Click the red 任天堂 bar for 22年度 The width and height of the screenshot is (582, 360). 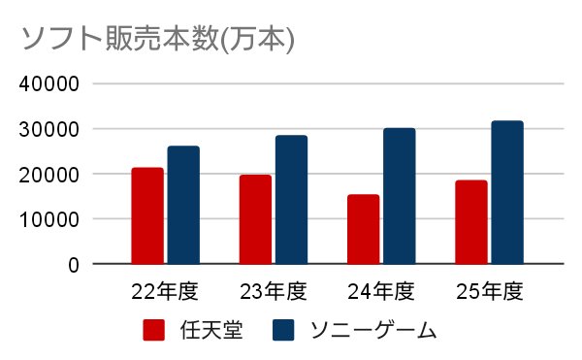point(147,215)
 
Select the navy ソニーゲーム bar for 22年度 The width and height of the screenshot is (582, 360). point(183,205)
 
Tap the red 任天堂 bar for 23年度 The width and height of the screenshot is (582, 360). point(255,219)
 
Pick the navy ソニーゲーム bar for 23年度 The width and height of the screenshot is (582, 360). point(291,199)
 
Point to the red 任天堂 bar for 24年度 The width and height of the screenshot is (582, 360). point(364,229)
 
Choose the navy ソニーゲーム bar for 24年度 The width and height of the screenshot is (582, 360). point(400,196)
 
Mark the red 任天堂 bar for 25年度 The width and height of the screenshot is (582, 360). point(471,222)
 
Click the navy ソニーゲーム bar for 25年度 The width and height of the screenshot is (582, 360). point(507,192)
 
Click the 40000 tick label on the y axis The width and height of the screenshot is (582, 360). point(49,83)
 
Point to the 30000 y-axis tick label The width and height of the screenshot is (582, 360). point(49,129)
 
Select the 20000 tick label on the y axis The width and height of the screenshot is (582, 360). point(49,175)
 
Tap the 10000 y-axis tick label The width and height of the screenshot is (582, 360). point(49,219)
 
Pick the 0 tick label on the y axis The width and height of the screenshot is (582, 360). point(74,265)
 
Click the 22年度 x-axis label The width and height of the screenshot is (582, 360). point(165,291)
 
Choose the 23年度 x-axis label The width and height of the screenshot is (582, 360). point(274,291)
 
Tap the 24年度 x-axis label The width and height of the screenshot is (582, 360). point(381,291)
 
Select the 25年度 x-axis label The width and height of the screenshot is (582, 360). point(489,291)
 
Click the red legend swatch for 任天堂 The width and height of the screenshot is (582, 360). point(153,330)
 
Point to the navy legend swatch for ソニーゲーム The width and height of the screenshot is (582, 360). point(283,330)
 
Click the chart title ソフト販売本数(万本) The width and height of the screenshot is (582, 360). point(158,39)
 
